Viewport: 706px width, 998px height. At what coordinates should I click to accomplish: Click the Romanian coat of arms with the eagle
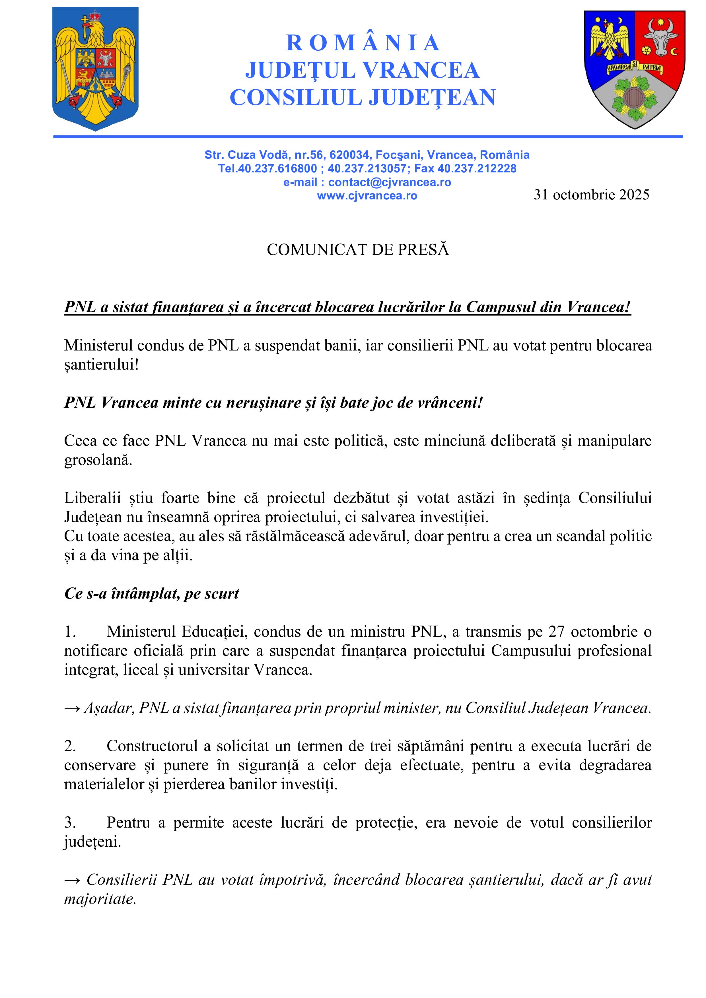click(95, 69)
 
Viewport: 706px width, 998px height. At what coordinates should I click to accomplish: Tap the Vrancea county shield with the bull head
click(634, 69)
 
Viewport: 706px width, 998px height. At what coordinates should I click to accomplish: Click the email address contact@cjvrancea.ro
click(390, 182)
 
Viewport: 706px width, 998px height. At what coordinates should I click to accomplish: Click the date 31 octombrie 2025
click(591, 194)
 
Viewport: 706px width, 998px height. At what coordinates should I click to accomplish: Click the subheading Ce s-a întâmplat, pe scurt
click(151, 593)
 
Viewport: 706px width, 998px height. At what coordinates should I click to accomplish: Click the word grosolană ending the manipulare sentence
click(98, 460)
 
